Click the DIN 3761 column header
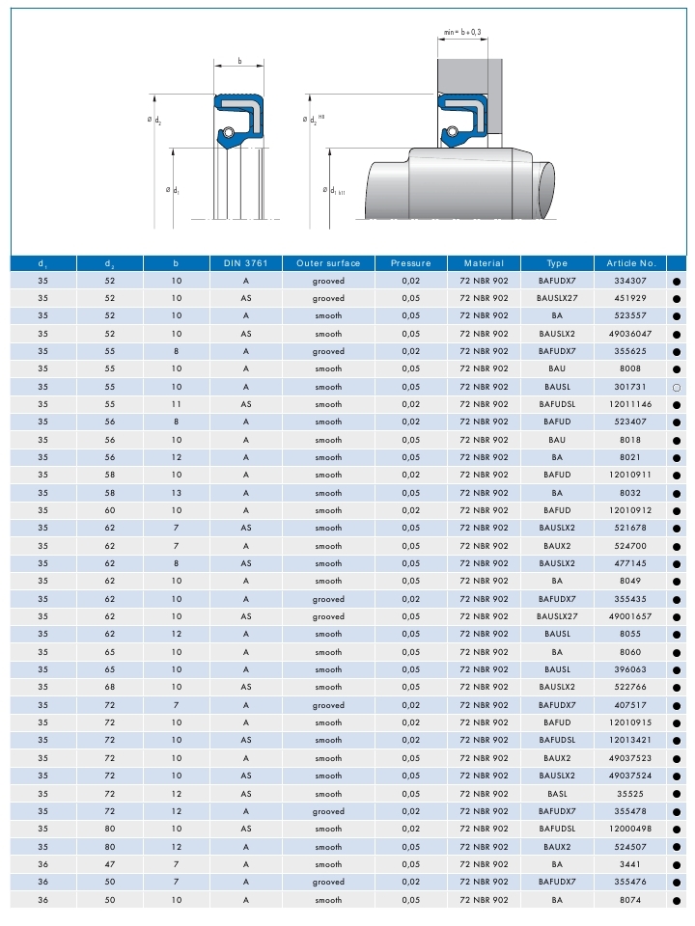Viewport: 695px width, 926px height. (246, 263)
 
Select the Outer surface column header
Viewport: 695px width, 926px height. (328, 263)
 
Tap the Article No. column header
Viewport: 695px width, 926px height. (631, 263)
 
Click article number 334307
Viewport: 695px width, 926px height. (631, 281)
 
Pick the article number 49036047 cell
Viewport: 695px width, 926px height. (631, 334)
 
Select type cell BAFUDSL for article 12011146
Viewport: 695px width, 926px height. (556, 404)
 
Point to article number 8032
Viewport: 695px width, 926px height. (631, 493)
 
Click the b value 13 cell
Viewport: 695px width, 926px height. (176, 493)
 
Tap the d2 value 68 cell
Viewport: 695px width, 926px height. (109, 687)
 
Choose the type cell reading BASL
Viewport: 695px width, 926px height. (556, 793)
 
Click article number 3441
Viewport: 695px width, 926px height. (631, 864)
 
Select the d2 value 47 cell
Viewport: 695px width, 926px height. (109, 864)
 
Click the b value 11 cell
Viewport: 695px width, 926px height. (176, 404)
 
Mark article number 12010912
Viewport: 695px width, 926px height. (631, 510)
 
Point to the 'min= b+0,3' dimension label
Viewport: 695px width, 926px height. (462, 32)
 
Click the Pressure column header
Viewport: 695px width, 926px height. (411, 263)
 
